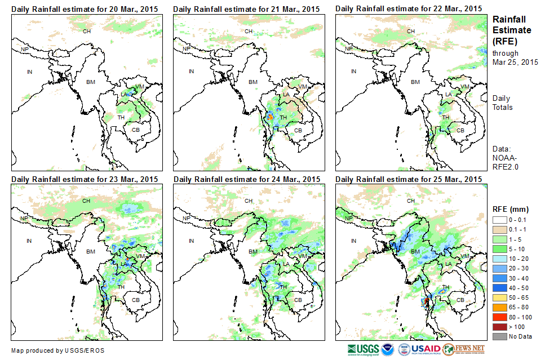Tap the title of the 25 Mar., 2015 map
(x=409, y=179)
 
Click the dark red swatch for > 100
(x=500, y=326)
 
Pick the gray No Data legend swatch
(x=500, y=336)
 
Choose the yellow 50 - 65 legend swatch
(x=500, y=297)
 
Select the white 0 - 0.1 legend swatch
(x=500, y=220)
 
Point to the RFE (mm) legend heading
(x=511, y=209)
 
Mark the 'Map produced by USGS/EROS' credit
(x=57, y=350)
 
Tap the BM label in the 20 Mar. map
(x=90, y=82)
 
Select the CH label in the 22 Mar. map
(x=411, y=31)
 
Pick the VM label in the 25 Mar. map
(x=465, y=256)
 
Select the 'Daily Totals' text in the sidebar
(x=502, y=103)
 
